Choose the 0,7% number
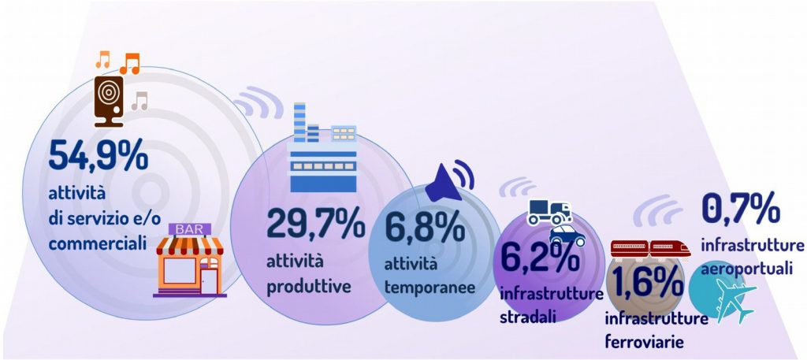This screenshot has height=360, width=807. click(740, 209)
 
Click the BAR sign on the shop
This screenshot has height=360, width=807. click(189, 229)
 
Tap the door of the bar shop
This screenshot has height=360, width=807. click(210, 280)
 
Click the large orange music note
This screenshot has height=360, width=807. click(130, 63)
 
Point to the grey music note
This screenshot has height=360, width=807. click(139, 101)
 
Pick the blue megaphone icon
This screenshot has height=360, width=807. click(448, 180)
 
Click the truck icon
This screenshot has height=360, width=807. click(549, 212)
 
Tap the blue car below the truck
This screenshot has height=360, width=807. click(567, 236)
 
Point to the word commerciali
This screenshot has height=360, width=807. click(97, 243)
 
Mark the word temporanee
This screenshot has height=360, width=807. click(430, 288)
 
